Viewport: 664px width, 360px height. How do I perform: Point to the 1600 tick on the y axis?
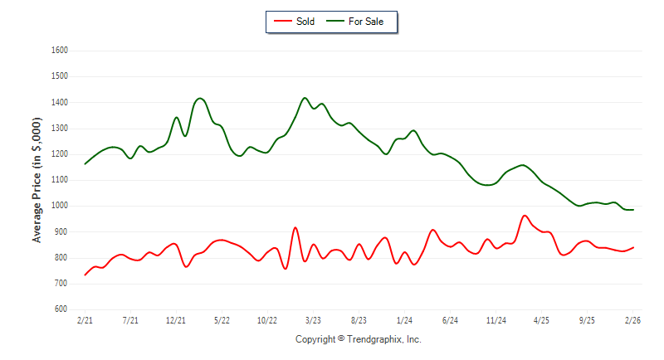(59, 51)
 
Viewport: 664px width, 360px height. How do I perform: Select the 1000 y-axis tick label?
(59, 206)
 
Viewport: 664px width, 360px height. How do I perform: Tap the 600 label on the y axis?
(61, 309)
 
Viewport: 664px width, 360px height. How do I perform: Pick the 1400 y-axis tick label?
(59, 103)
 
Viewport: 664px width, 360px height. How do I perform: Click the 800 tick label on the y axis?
(61, 258)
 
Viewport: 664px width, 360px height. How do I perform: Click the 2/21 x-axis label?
(85, 319)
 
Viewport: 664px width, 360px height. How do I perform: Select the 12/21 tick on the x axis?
(176, 319)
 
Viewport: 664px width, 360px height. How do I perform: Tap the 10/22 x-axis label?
(267, 319)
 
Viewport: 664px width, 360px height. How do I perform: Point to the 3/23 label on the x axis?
(313, 319)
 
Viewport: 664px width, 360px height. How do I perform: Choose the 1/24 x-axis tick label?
(404, 319)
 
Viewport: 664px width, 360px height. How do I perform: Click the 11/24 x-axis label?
(496, 319)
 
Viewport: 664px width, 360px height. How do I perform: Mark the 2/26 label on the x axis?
(632, 319)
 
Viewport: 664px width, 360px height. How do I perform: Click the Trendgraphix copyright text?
(359, 339)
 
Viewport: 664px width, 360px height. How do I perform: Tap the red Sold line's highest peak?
(525, 216)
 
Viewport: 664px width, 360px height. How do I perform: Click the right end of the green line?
(633, 210)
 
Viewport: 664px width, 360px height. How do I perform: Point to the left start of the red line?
(85, 275)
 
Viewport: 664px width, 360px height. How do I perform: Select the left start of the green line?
(85, 163)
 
